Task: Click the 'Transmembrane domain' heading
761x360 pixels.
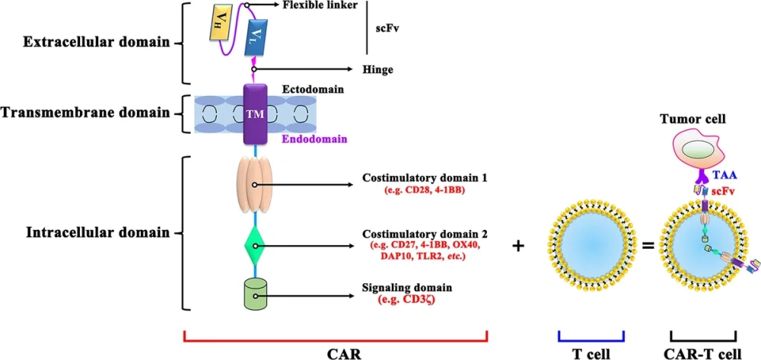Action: coord(84,113)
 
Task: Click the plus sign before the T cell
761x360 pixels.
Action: coord(519,247)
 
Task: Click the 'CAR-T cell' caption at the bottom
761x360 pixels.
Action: coord(702,352)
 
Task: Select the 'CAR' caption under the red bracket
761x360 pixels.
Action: coord(336,353)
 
